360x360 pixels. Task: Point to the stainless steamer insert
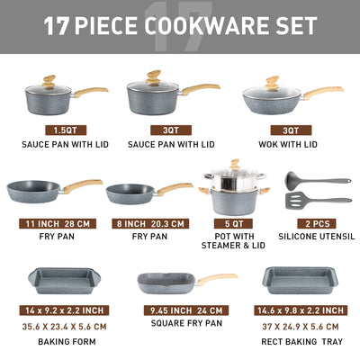227,180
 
